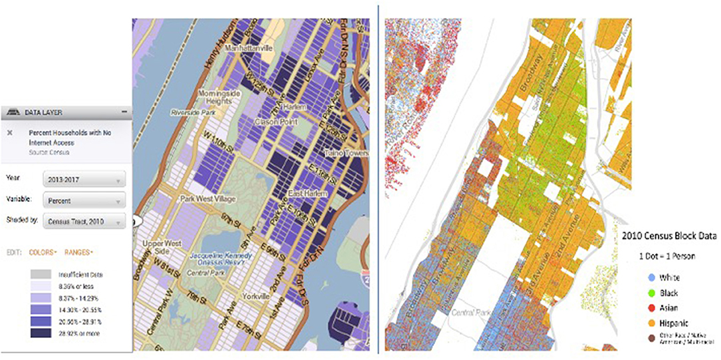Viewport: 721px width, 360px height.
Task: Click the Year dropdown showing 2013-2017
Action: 83,180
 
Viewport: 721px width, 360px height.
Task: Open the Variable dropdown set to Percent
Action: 83,200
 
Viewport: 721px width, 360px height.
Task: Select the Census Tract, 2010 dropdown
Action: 83,220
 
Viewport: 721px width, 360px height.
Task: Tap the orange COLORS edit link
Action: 42,252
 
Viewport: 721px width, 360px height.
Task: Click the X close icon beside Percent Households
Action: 9,132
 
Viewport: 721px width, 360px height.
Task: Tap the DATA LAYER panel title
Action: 43,113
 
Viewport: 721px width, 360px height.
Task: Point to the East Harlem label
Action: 304,193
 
